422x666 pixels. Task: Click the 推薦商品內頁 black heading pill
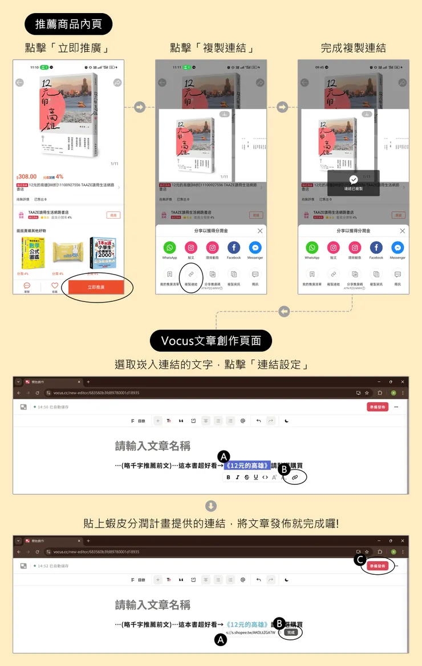point(68,24)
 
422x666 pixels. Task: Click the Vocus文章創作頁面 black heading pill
point(211,341)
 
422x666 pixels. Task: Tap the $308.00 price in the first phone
point(27,177)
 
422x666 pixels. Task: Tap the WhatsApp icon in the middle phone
point(169,248)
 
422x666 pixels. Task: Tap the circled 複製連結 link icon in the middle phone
point(191,275)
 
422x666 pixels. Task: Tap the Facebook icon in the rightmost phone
point(376,248)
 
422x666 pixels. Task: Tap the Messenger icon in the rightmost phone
point(397,248)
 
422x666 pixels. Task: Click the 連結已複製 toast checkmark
point(354,179)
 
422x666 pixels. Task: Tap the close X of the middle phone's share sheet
point(260,231)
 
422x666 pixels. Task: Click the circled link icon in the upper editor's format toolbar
point(295,477)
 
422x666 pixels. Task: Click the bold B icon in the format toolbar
point(229,477)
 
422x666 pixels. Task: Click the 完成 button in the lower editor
point(291,632)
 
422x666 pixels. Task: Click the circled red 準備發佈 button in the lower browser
point(378,566)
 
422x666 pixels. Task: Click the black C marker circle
point(360,560)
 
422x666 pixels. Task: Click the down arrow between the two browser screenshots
point(210,506)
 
